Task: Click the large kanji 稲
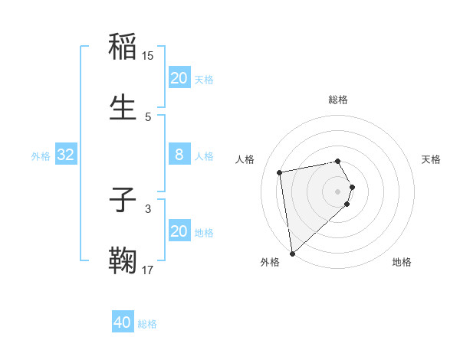pyautogui.click(x=123, y=47)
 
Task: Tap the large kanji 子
pyautogui.click(x=123, y=200)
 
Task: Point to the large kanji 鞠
pyautogui.click(x=123, y=261)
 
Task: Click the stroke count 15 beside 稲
pyautogui.click(x=148, y=56)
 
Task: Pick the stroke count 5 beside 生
pyautogui.click(x=148, y=116)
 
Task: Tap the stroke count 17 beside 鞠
pyautogui.click(x=148, y=270)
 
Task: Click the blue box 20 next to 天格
pyautogui.click(x=179, y=78)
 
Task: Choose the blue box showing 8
pyautogui.click(x=179, y=155)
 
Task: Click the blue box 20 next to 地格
pyautogui.click(x=179, y=231)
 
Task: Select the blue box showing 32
pyautogui.click(x=66, y=155)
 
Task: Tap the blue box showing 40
pyautogui.click(x=123, y=322)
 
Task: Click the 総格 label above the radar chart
pyautogui.click(x=338, y=100)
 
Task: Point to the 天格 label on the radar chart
pyautogui.click(x=432, y=159)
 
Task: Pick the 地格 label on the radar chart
pyautogui.click(x=402, y=262)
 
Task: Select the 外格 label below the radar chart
pyautogui.click(x=270, y=262)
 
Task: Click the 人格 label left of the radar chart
pyautogui.click(x=246, y=159)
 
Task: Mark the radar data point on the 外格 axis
pyautogui.click(x=292, y=253)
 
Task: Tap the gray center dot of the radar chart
pyautogui.click(x=338, y=190)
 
